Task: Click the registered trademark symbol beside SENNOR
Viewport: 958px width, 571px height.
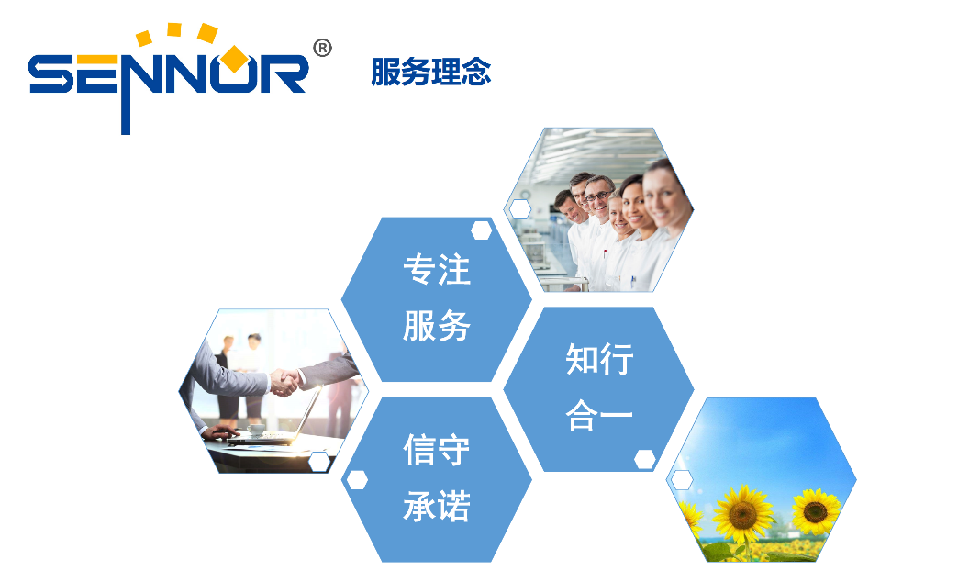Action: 322,48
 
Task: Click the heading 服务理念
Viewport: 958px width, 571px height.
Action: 430,72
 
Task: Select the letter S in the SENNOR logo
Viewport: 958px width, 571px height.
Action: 51,74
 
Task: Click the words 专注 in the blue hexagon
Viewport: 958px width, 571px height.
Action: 437,269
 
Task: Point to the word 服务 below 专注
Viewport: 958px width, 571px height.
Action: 437,325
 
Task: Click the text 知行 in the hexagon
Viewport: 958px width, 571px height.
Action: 599,358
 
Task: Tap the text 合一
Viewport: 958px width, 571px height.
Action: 599,415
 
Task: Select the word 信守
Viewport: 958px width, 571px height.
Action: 437,449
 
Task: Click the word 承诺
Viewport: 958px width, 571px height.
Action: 437,506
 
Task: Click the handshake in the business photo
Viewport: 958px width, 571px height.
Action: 284,382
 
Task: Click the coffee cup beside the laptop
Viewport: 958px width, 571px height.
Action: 255,429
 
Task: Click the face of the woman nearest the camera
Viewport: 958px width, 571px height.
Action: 663,195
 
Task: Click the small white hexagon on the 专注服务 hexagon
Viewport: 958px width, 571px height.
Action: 482,230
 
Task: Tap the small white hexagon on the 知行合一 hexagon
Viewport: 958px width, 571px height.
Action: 644,459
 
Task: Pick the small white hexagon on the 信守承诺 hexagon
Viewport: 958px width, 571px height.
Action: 357,480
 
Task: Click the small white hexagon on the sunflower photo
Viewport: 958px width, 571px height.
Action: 682,480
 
